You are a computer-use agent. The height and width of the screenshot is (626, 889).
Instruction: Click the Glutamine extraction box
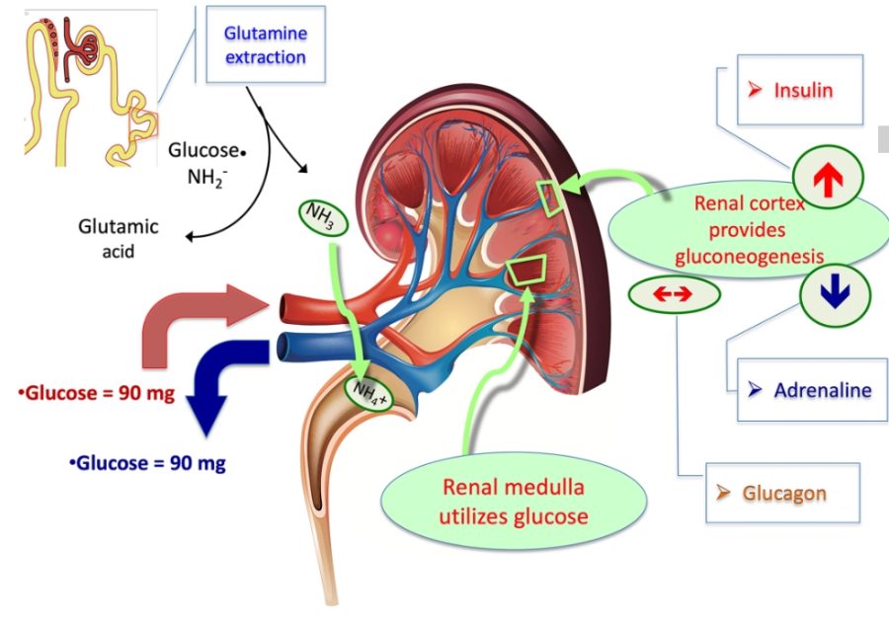[x=265, y=45]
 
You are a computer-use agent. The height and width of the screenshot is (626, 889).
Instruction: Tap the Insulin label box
[x=800, y=90]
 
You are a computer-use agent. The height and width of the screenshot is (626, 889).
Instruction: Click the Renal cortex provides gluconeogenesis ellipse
[x=749, y=230]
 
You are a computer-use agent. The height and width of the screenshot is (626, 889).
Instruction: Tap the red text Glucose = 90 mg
[x=96, y=394]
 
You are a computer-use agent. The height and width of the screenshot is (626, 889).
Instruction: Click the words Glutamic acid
[x=118, y=237]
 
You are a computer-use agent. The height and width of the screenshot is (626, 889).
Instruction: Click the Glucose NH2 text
[x=205, y=164]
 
